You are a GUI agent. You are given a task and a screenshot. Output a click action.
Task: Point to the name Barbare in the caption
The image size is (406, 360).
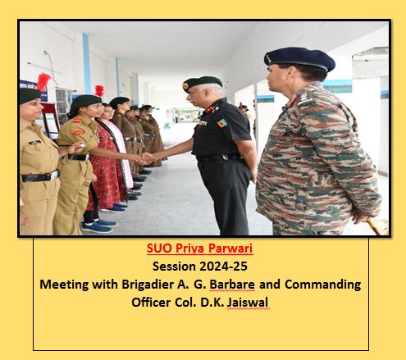232,285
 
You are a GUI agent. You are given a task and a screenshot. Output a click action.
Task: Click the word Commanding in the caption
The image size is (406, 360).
323,285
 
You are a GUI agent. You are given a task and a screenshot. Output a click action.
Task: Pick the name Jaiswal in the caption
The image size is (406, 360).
248,303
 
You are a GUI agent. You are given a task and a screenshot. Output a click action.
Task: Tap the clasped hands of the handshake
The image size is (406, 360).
147,158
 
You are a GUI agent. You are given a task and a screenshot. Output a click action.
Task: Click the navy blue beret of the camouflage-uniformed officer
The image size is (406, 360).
299,59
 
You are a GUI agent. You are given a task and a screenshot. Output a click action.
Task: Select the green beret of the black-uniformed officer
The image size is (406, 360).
203,83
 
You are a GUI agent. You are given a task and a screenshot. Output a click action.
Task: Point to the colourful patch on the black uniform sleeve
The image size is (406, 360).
222,123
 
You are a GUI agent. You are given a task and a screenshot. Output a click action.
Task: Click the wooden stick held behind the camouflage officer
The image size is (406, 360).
373,226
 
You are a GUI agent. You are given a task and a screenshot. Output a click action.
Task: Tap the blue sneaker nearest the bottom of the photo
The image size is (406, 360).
97,228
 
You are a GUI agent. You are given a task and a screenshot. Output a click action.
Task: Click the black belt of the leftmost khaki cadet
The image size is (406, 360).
40,176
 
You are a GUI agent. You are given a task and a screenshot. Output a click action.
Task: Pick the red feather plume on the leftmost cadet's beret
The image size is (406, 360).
43,81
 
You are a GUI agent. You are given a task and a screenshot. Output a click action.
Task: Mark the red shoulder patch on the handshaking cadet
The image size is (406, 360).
79,133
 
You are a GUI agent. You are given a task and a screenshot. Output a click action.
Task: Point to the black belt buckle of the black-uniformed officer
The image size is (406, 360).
225,157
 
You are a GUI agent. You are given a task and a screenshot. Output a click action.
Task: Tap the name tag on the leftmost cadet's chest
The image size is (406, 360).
34,143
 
